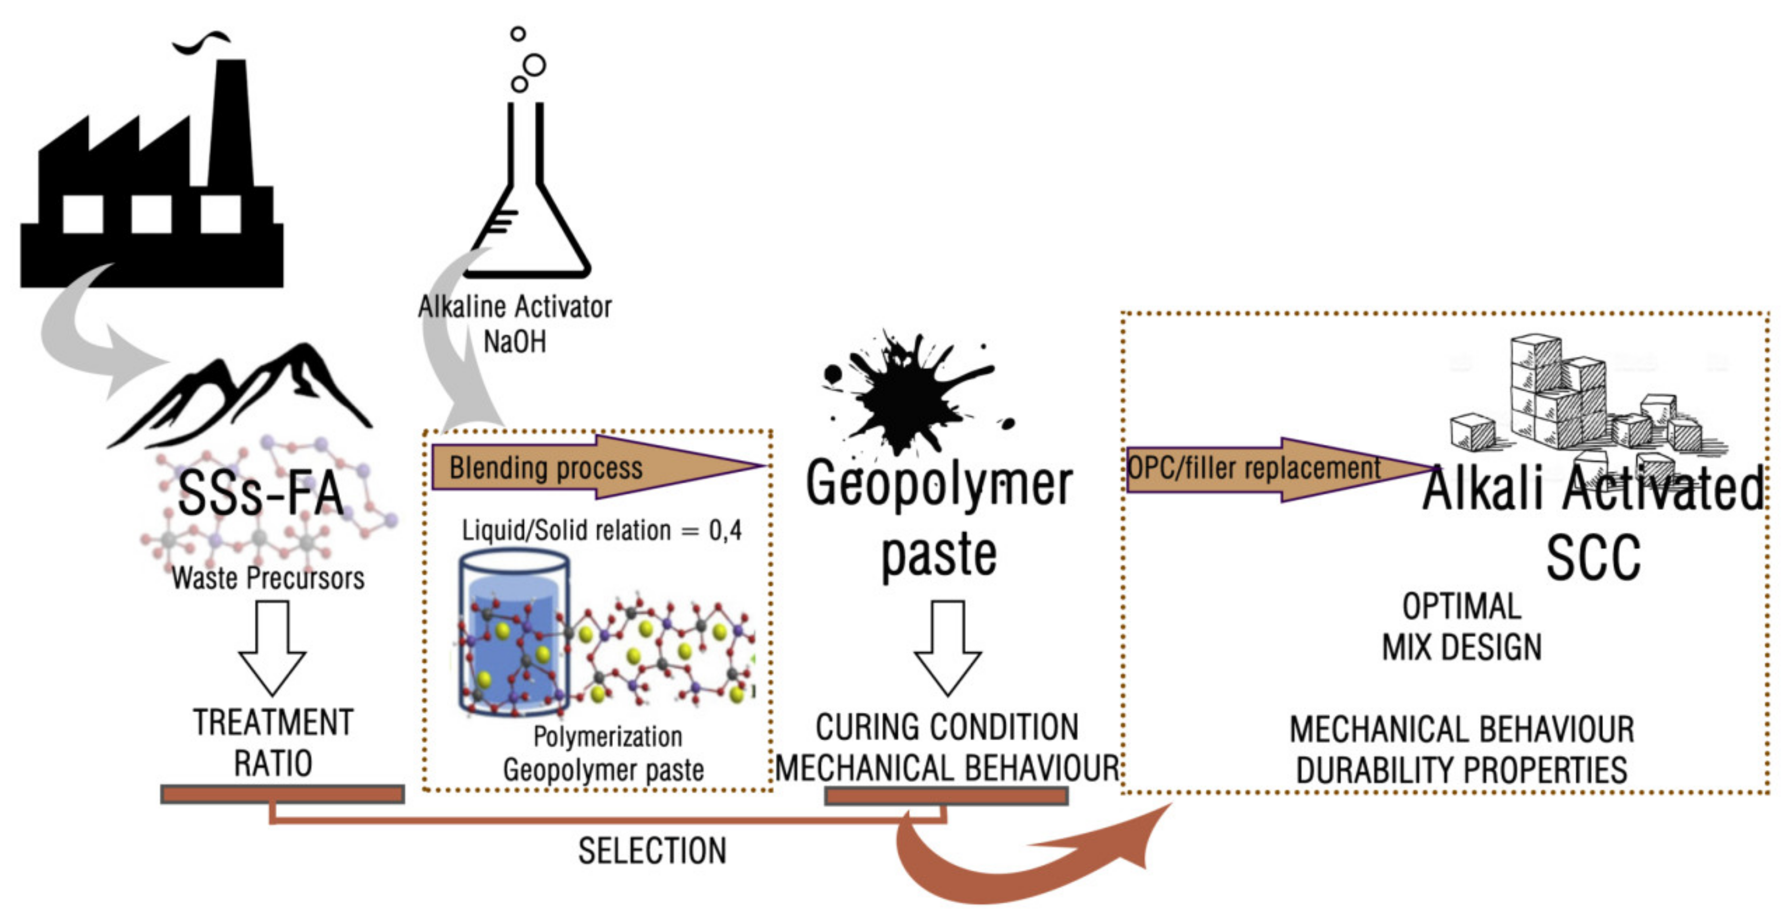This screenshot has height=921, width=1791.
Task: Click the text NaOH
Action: [514, 342]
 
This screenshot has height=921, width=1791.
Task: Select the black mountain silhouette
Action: [243, 396]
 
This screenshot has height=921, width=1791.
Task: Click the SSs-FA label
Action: [261, 493]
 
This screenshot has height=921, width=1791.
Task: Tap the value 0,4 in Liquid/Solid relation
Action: [725, 531]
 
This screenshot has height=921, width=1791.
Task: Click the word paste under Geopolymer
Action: [939, 556]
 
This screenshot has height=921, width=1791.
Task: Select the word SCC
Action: [1592, 558]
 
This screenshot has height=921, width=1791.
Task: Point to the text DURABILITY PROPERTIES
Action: [1461, 771]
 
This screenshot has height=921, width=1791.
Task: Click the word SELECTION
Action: [652, 851]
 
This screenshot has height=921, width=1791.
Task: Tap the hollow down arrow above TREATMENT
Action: [272, 647]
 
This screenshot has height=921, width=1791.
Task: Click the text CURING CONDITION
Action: [947, 728]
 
